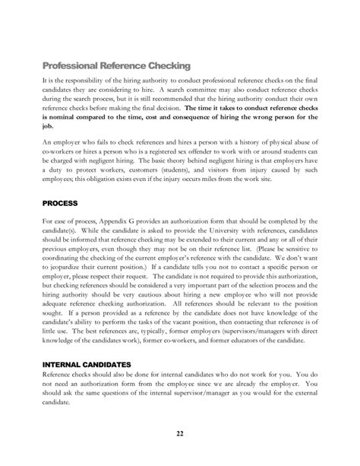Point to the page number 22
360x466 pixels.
180,434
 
